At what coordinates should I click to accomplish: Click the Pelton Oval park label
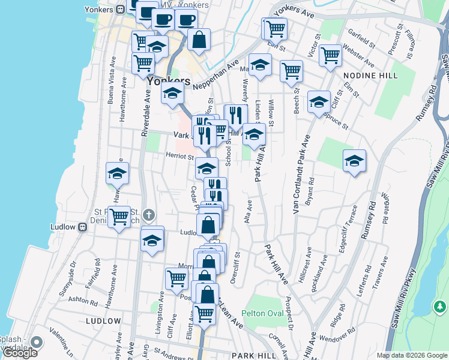[262, 313]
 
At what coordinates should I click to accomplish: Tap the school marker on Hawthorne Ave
[118, 174]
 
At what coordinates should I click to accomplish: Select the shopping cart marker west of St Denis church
[119, 216]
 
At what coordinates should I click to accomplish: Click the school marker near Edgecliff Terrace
[354, 161]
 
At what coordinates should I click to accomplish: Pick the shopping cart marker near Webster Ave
[330, 56]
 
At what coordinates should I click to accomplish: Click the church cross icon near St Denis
[149, 214]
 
